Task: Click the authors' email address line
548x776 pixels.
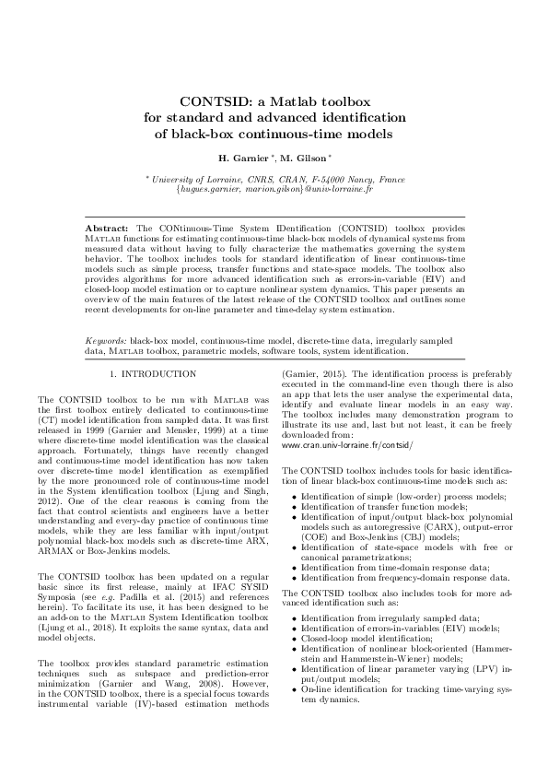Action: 274,189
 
